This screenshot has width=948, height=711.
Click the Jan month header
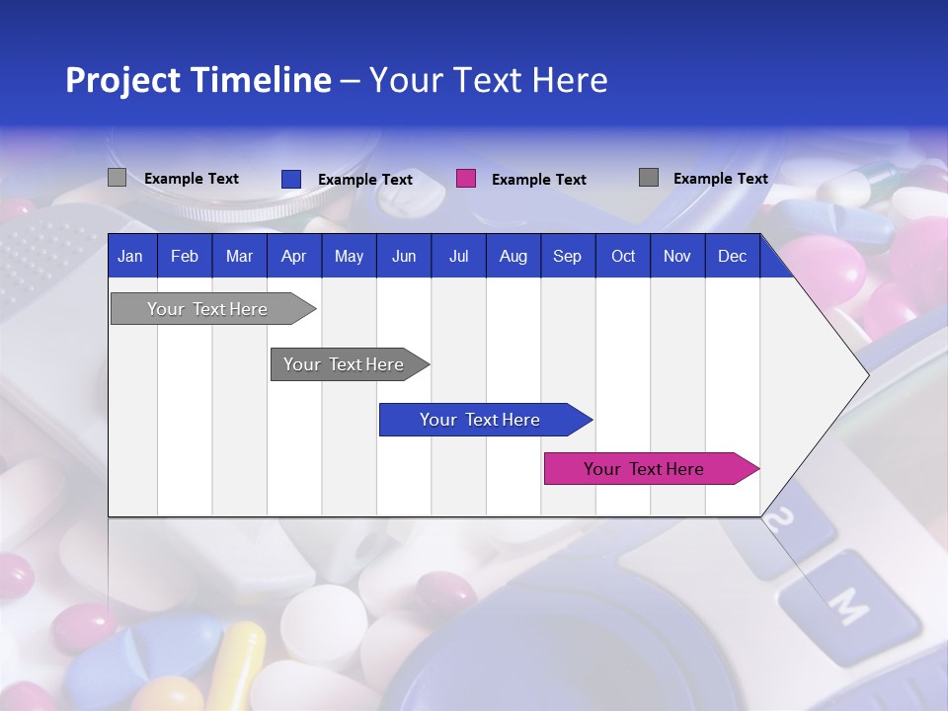[130, 257]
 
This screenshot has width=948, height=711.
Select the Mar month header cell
[239, 257]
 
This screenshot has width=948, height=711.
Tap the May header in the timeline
[349, 257]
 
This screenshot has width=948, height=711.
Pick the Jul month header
[458, 257]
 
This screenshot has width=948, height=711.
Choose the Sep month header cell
[567, 257]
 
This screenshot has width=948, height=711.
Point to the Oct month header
[623, 257]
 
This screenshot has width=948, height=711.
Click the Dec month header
[732, 257]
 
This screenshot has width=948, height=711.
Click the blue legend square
[290, 179]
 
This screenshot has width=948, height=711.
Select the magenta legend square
[466, 179]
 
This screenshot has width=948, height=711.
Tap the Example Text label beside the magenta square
[539, 180]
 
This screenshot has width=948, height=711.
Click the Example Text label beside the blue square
[365, 180]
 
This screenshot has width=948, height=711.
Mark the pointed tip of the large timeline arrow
[867, 374]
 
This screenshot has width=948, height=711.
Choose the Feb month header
[185, 257]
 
